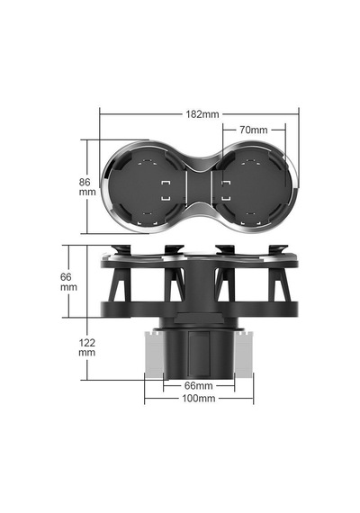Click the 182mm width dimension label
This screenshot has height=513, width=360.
point(202,114)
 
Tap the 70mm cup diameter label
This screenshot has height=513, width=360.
point(253,130)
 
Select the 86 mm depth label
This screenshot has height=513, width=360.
point(87,187)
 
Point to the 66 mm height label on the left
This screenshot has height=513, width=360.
point(68,282)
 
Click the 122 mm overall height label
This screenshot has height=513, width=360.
point(87,347)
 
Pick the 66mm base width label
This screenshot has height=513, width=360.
point(198,386)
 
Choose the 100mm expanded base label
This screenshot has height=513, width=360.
point(199,398)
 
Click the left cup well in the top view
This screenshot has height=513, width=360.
point(147,187)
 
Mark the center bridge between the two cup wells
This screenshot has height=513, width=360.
point(199,187)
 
